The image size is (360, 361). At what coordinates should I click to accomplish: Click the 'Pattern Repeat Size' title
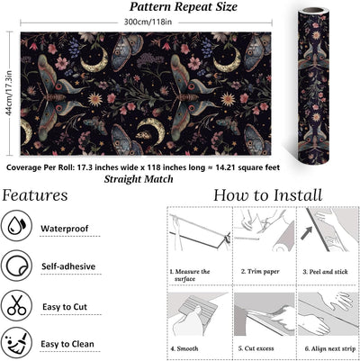184,7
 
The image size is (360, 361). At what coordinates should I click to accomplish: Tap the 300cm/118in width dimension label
148,22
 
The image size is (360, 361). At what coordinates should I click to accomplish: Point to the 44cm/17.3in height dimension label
9,93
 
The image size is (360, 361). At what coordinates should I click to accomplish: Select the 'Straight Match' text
139,179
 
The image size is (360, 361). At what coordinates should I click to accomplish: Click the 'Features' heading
35,195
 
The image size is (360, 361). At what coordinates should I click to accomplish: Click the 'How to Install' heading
267,195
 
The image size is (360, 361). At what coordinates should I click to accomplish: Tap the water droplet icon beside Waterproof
16,226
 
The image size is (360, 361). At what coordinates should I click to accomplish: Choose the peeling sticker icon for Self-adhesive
16,266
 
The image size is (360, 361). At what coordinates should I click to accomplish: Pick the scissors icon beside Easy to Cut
16,305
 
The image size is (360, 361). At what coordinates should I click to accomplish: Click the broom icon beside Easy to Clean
16,344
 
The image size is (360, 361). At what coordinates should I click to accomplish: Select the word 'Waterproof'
65,229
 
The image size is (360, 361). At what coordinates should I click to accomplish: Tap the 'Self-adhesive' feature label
68,266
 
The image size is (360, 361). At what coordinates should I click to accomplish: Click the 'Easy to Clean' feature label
67,344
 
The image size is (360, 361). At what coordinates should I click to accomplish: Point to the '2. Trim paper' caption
260,272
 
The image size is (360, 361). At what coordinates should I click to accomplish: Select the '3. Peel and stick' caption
325,272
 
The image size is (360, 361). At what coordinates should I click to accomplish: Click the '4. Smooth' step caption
184,348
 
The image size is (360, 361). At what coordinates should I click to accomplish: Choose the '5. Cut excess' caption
256,348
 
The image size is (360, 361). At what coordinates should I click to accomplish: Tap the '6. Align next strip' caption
330,348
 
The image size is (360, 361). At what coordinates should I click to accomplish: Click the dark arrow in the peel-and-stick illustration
307,233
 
